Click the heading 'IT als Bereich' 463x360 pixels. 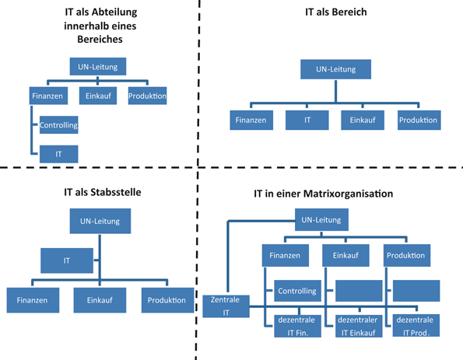click(335, 13)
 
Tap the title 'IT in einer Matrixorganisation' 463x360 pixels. click(334, 192)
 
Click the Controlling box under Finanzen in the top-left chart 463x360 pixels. click(59, 124)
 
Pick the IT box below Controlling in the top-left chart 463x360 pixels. click(59, 154)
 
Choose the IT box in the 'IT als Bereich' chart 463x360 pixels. click(307, 121)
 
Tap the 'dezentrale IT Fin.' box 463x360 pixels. click(293, 325)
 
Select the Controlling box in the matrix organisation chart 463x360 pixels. click(293, 292)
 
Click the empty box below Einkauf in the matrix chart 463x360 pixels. click(360, 291)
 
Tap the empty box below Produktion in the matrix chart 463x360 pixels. click(416, 291)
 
